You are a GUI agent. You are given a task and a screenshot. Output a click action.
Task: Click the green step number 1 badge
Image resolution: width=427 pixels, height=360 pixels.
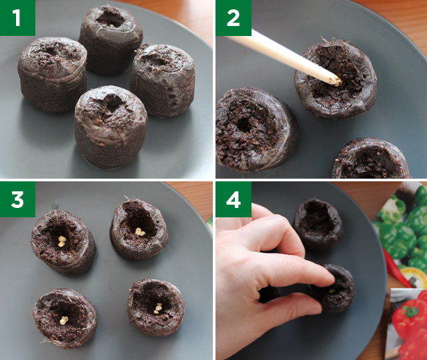[x=17, y=18]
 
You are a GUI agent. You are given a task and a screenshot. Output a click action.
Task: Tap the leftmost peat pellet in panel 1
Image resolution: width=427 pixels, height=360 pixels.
[x=52, y=73]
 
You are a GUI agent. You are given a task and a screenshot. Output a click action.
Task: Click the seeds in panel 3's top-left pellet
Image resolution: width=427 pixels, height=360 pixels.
[x=61, y=241]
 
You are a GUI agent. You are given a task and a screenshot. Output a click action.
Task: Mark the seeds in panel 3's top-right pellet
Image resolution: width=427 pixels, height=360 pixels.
[x=140, y=232]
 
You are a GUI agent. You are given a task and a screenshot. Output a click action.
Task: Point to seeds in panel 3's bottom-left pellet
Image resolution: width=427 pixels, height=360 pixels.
[x=64, y=321]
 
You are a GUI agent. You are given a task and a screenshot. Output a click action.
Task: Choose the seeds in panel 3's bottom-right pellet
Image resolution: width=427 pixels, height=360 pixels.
[x=158, y=309]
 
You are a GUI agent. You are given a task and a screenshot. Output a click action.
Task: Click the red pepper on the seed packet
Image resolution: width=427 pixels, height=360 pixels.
[x=408, y=327]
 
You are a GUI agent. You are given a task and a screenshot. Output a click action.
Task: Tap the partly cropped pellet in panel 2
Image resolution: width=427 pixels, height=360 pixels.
[x=370, y=160]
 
